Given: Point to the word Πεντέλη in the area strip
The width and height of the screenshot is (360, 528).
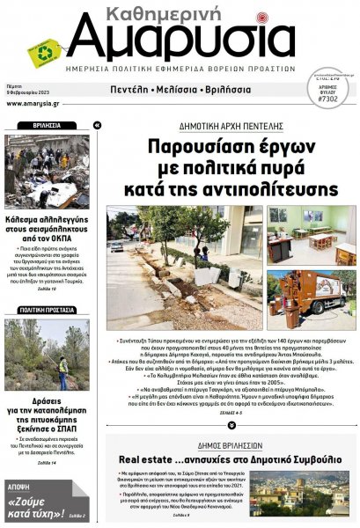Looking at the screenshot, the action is (136, 90).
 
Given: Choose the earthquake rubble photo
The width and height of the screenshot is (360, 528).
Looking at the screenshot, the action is (48, 171).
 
